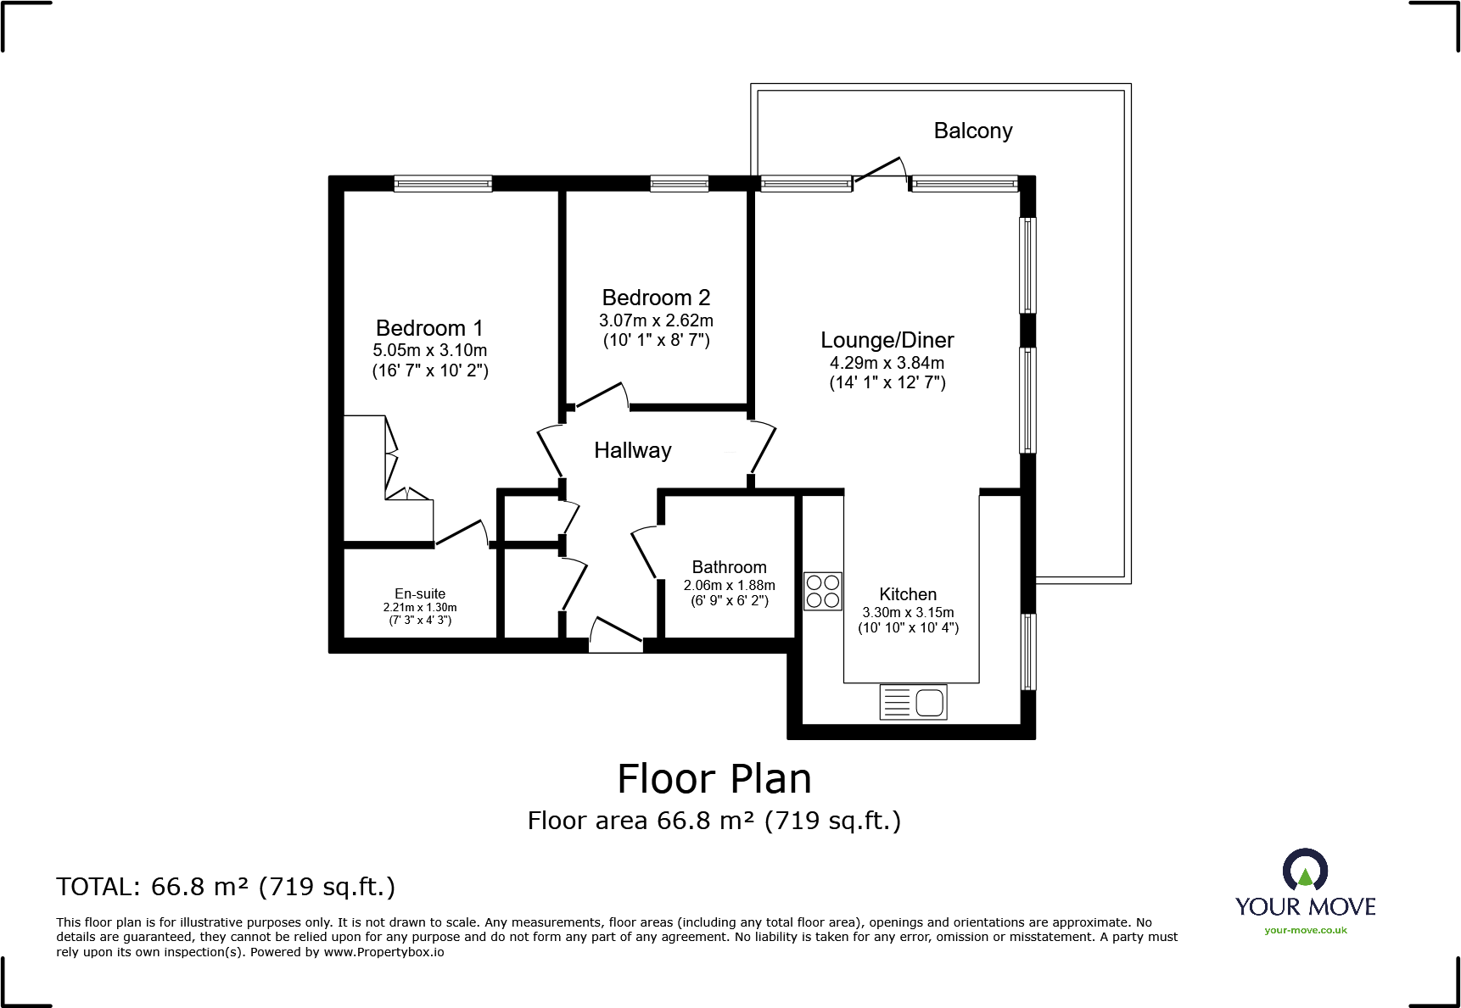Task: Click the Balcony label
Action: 972,131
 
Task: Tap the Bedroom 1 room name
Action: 428,328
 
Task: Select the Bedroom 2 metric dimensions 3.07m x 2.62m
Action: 656,320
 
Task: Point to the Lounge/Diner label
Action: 887,340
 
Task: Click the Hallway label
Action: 632,450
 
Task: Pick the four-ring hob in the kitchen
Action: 822,591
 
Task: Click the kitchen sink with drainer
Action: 913,702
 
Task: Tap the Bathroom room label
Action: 729,567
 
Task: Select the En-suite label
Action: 419,593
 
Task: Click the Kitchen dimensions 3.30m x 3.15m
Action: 908,612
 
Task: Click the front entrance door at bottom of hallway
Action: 616,636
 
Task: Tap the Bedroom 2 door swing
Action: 599,397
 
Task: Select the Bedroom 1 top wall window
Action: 443,183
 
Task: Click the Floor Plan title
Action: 714,778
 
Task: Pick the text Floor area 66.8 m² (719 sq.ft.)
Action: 714,821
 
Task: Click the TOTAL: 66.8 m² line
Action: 226,887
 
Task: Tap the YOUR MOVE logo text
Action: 1305,906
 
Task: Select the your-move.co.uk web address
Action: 1305,930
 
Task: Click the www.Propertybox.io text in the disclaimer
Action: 383,952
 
